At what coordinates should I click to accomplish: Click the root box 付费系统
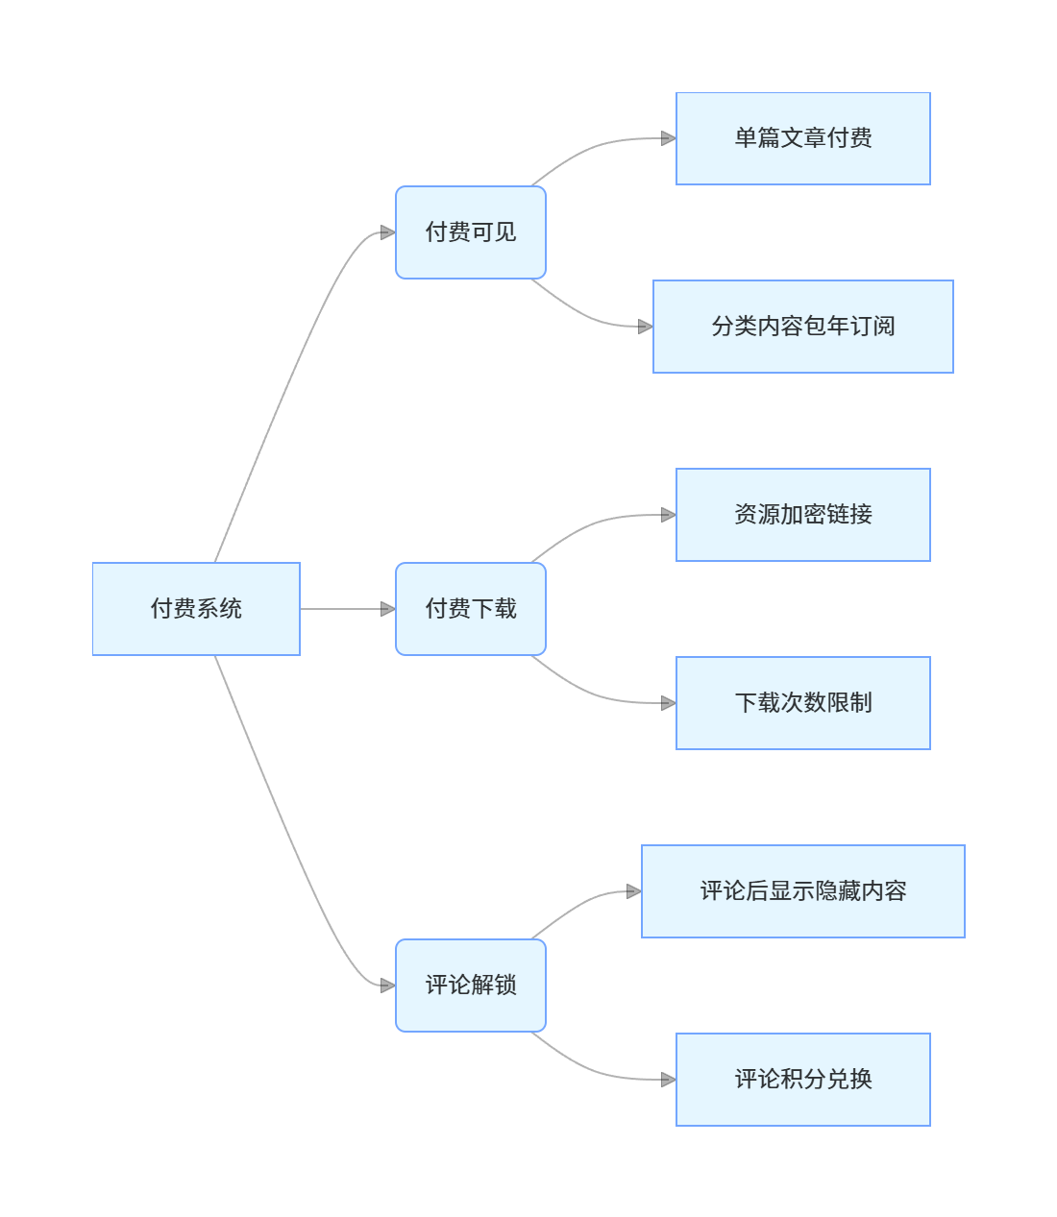click(x=196, y=609)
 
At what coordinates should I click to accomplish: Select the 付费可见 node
click(x=471, y=232)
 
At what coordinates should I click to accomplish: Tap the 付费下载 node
click(x=471, y=609)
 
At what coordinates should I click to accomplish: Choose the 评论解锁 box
click(x=471, y=986)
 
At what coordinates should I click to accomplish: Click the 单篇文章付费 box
click(x=803, y=138)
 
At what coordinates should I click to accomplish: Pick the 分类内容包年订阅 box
click(x=803, y=327)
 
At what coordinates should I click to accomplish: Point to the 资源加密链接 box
click(x=803, y=515)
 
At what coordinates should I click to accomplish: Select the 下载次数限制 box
click(x=803, y=703)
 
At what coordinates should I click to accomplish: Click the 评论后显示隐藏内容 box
click(x=803, y=891)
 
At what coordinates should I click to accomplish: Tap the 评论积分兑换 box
click(x=803, y=1080)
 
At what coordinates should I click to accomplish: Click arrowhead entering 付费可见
click(x=388, y=232)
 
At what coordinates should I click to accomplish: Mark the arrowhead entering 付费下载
click(x=388, y=609)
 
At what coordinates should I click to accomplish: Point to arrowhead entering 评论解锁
click(x=388, y=986)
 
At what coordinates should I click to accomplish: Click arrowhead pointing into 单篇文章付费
click(x=669, y=138)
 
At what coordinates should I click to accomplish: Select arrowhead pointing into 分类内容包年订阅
click(x=646, y=327)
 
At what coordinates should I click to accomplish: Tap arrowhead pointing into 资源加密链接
click(x=669, y=515)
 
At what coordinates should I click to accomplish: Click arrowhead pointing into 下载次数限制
click(x=669, y=703)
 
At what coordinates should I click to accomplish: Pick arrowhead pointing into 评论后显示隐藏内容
click(x=634, y=891)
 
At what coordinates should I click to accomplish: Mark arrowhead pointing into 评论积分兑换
click(x=669, y=1080)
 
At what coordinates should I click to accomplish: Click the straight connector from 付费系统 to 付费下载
click(x=341, y=609)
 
